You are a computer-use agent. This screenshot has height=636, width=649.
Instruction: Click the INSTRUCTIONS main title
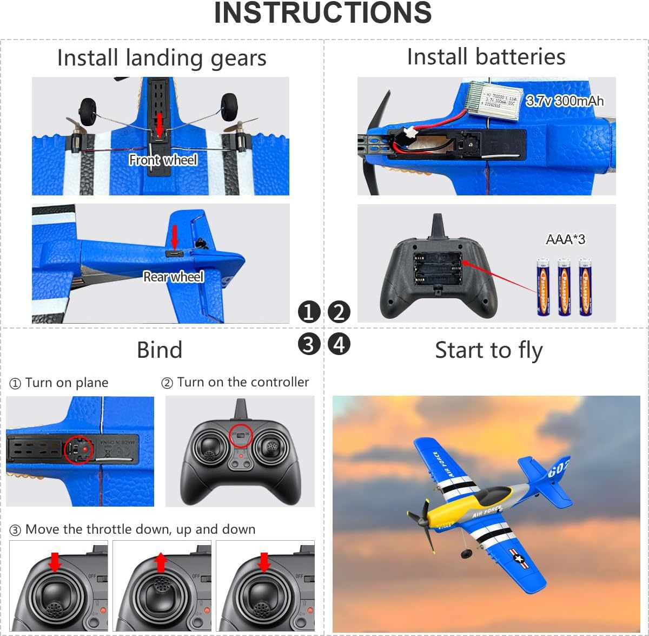coord(323,13)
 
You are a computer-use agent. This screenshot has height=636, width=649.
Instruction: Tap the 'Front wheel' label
coord(163,160)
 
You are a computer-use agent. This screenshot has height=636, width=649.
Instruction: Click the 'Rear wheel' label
coord(173,277)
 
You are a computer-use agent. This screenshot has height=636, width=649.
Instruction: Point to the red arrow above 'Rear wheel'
coord(174,237)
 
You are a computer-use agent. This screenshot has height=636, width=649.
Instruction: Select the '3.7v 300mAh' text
coord(565,101)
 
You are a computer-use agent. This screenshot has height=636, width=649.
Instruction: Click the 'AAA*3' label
coord(565,239)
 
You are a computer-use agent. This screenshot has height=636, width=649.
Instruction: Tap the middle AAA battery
coord(564,287)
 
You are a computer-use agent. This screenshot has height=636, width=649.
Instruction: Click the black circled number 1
coord(309,312)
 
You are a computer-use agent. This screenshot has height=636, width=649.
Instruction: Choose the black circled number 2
coord(339,312)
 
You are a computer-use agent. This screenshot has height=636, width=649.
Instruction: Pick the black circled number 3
coord(309,344)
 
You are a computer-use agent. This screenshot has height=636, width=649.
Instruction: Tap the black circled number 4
coord(339,344)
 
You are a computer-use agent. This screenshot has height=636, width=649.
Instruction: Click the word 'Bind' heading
coord(160,350)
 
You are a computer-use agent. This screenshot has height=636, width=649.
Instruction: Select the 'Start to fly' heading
coord(488,350)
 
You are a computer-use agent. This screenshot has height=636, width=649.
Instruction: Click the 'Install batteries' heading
coord(486,57)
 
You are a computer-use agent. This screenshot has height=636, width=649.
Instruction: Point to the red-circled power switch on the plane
coord(78,449)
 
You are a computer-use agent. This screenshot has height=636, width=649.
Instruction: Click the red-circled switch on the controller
coord(240,435)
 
